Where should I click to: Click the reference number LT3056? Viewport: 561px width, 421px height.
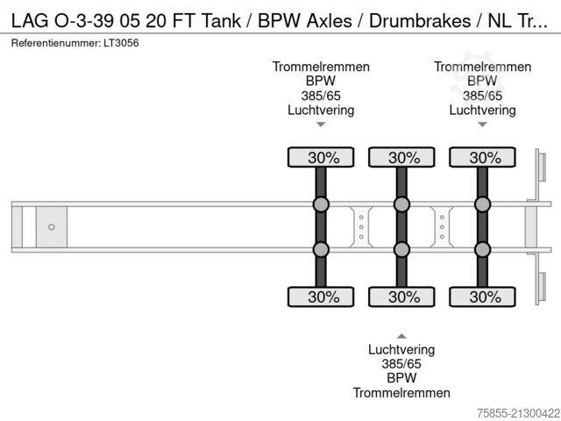[x=124, y=42]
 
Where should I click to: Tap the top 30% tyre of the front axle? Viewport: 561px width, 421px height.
[x=321, y=157]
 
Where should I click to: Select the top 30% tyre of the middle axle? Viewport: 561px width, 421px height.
[x=401, y=157]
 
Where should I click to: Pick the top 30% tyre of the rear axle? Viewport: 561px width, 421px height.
[x=482, y=157]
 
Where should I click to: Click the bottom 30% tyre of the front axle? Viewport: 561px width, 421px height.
[x=321, y=296]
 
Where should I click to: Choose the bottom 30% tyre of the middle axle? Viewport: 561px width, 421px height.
[x=401, y=296]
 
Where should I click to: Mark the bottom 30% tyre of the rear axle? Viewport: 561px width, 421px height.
[x=482, y=296]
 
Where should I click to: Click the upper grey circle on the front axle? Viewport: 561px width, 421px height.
[x=321, y=205]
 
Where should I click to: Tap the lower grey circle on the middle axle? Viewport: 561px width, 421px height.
[x=401, y=249]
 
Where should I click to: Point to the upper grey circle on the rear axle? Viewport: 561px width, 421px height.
[x=482, y=205]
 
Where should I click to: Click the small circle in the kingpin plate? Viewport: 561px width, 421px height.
[x=52, y=227]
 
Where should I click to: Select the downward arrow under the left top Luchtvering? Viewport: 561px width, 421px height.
[x=321, y=125]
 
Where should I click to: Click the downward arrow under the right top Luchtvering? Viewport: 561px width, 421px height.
[x=482, y=125]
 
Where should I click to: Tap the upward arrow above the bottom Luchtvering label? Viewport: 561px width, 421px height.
[x=401, y=335]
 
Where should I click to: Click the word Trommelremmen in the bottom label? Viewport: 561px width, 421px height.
[x=401, y=393]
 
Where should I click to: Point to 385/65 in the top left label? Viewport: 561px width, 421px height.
[x=321, y=96]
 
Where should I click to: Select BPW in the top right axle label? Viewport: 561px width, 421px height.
[x=482, y=82]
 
